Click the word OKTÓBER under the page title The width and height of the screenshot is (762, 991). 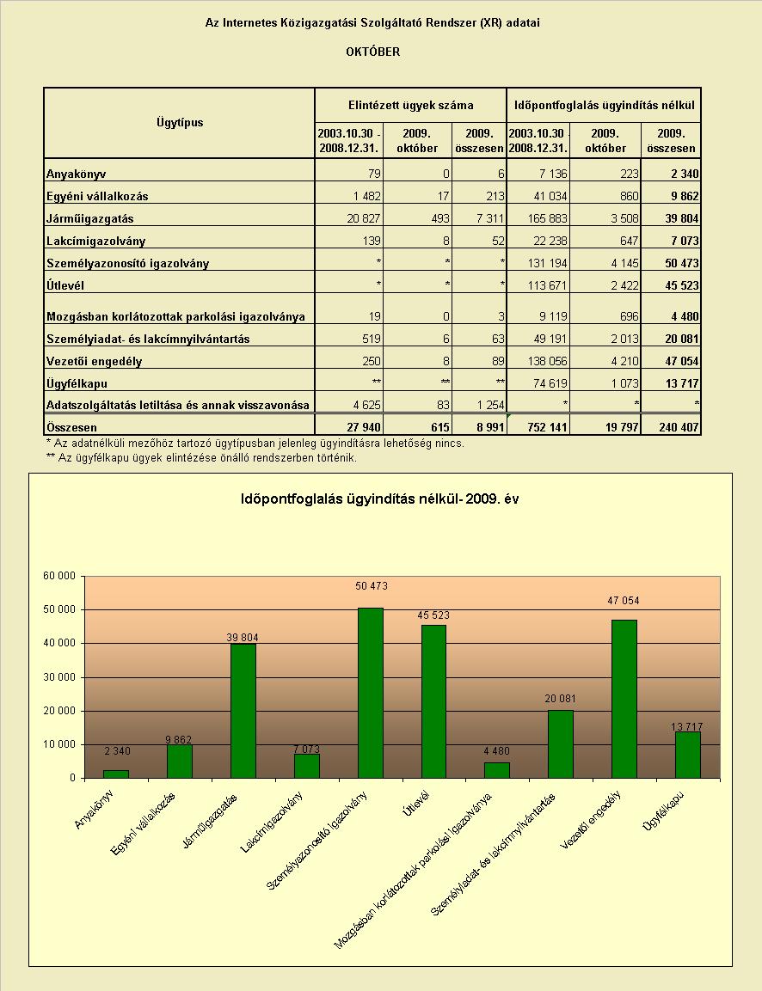click(x=372, y=52)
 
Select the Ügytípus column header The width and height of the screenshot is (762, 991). click(x=180, y=122)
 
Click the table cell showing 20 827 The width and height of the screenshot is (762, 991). click(x=364, y=218)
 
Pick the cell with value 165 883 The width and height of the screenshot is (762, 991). click(x=546, y=218)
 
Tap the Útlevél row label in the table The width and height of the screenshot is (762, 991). click(x=65, y=285)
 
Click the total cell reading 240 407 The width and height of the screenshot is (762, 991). click(x=679, y=427)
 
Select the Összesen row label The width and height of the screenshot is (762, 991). click(x=71, y=427)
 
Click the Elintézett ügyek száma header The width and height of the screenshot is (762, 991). click(x=411, y=105)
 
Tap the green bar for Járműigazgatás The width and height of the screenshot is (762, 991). click(x=243, y=711)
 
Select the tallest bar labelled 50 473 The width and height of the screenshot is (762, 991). click(x=371, y=693)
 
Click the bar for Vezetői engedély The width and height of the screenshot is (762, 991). click(x=624, y=699)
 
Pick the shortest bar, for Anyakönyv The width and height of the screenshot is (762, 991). click(x=116, y=774)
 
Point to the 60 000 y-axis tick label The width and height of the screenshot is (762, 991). click(x=58, y=576)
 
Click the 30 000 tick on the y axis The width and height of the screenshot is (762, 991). click(x=58, y=677)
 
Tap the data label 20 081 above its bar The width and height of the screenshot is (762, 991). click(x=560, y=699)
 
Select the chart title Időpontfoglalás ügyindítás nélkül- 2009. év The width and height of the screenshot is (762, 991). click(x=380, y=499)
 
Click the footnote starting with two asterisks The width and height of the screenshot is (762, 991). click(x=202, y=457)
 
